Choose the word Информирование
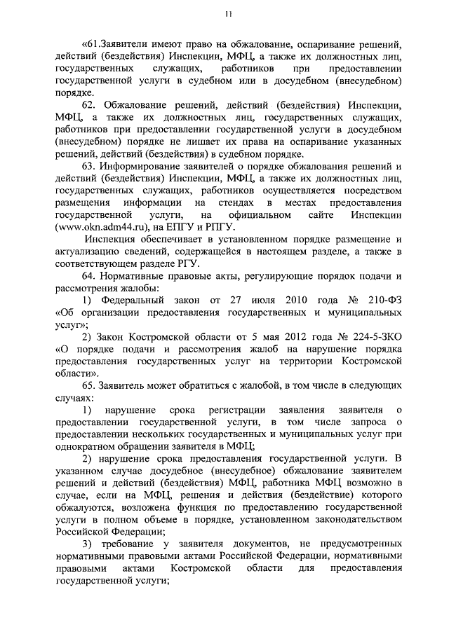(x=138, y=166)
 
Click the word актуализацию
(x=92, y=251)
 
